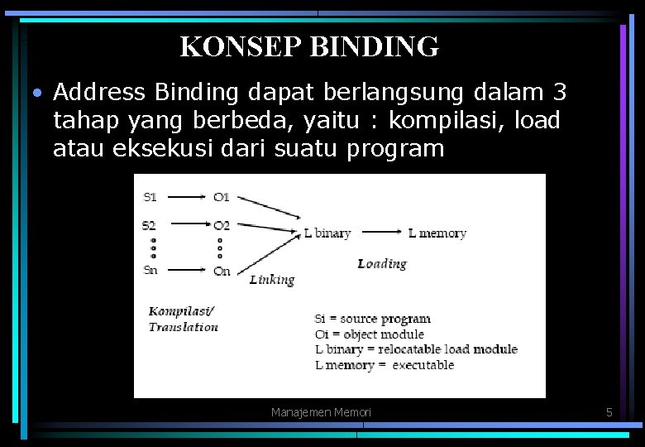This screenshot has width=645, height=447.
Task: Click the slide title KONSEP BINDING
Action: tap(309, 46)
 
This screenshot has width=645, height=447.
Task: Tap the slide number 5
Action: tap(609, 411)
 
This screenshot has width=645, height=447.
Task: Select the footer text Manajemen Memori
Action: tap(321, 411)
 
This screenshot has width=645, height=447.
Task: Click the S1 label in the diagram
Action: tap(150, 197)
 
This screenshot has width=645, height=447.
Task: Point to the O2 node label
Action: tap(221, 224)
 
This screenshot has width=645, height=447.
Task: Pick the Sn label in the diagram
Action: tap(150, 270)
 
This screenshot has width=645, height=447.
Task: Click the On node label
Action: tap(222, 271)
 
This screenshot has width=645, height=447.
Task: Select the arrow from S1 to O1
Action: tap(186, 197)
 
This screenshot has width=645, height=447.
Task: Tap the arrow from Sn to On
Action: tap(186, 270)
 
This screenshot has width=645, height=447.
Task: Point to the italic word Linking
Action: tap(272, 280)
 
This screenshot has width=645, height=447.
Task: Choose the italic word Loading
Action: tap(382, 263)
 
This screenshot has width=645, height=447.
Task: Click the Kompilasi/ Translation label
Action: tap(183, 319)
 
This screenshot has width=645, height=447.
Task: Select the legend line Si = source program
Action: tap(372, 319)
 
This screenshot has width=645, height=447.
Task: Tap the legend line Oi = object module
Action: tap(369, 334)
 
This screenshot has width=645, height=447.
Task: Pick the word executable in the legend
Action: tap(423, 364)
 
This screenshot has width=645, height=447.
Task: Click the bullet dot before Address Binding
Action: tap(37, 92)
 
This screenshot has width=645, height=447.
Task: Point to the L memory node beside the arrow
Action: tap(437, 233)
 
